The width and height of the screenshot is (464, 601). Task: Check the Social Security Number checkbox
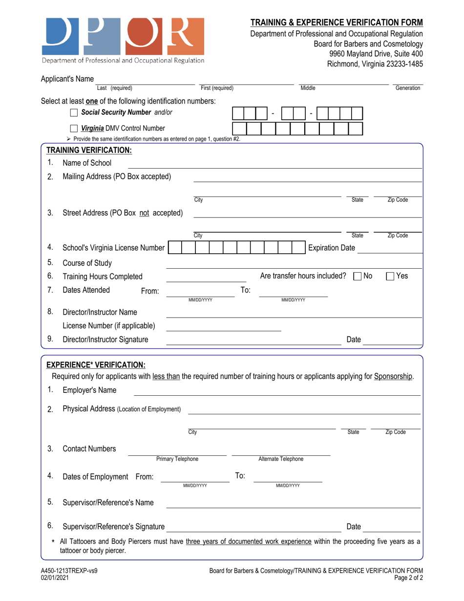click(74, 113)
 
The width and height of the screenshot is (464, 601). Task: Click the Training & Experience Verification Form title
click(337, 22)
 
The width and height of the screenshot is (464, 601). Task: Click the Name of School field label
click(87, 163)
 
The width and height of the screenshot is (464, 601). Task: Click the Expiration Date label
click(331, 248)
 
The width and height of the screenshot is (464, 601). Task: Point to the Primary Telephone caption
click(177, 459)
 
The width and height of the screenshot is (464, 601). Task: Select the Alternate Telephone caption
click(280, 459)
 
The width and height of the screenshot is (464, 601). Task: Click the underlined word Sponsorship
click(393, 376)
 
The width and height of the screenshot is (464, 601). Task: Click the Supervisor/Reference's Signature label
click(113, 527)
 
